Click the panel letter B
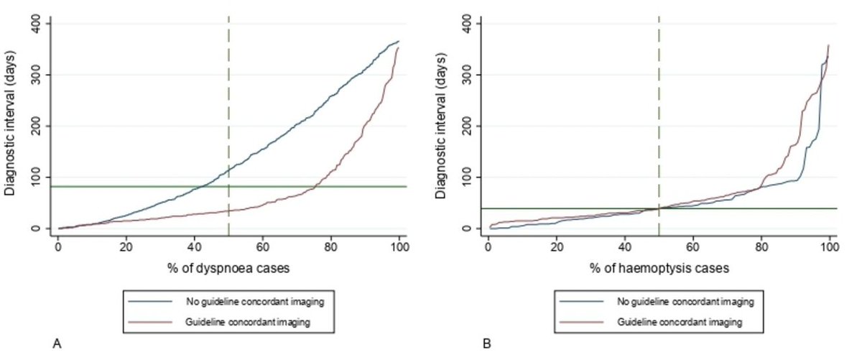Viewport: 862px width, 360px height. click(x=487, y=346)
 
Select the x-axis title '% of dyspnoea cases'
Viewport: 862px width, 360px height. click(x=228, y=268)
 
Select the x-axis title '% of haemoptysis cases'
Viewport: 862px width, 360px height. click(x=659, y=268)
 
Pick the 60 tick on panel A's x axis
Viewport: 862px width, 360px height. click(x=263, y=246)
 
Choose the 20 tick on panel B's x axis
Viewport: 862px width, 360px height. click(x=557, y=246)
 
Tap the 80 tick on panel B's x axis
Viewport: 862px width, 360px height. click(x=761, y=246)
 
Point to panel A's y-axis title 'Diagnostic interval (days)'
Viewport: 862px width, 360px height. click(x=10, y=126)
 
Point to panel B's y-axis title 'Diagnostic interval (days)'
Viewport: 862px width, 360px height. click(x=440, y=126)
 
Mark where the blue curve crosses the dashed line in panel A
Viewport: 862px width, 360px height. click(x=228, y=170)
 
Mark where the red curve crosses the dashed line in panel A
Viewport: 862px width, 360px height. click(x=228, y=211)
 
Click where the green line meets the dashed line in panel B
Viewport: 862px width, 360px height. click(x=659, y=208)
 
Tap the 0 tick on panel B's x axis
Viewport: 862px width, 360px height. click(x=488, y=246)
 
